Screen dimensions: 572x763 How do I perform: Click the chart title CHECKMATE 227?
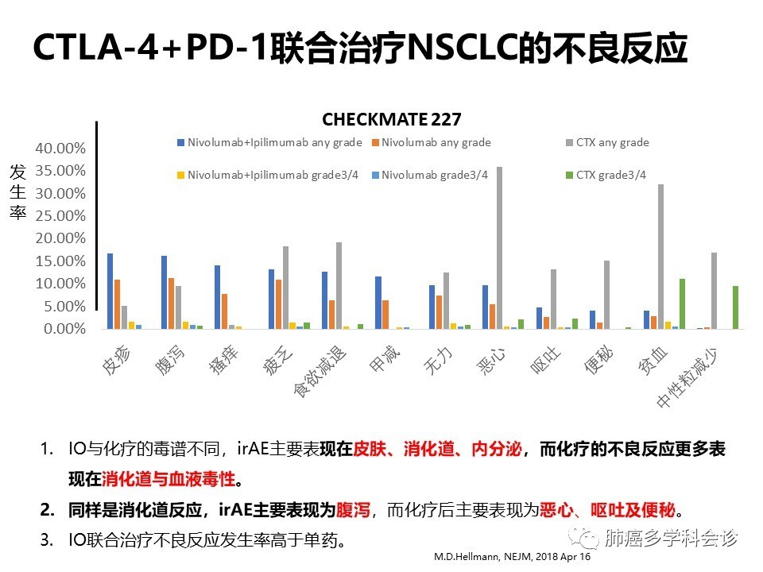click(391, 119)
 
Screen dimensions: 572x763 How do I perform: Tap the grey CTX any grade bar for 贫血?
click(660, 256)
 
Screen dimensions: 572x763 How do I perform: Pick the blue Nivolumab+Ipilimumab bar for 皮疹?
click(110, 291)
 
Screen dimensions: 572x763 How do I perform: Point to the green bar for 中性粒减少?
click(735, 307)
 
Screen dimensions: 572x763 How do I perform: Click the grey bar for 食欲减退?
click(339, 285)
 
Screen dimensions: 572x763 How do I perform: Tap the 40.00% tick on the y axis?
click(58, 149)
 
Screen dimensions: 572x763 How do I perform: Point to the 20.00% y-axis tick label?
click(58, 238)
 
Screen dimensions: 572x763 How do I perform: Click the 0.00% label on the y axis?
click(61, 329)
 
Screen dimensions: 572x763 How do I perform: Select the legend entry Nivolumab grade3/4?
click(434, 175)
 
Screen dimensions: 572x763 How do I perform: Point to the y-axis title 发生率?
click(18, 191)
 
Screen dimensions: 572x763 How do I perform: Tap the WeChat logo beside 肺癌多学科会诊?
click(588, 539)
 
